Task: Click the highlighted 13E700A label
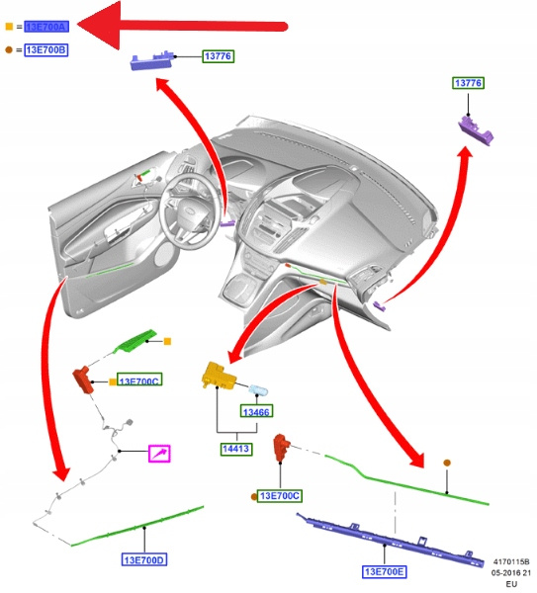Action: pyautogui.click(x=46, y=27)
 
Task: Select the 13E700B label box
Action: pyautogui.click(x=46, y=50)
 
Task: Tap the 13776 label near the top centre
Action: pyautogui.click(x=218, y=56)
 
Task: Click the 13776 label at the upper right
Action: pyautogui.click(x=468, y=83)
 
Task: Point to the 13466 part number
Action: pyautogui.click(x=256, y=411)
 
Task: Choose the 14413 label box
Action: pyautogui.click(x=236, y=449)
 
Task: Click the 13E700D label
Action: pyautogui.click(x=144, y=559)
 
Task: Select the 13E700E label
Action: pyautogui.click(x=384, y=572)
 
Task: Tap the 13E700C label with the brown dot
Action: pyautogui.click(x=280, y=496)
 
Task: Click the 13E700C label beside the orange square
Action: pyautogui.click(x=139, y=380)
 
